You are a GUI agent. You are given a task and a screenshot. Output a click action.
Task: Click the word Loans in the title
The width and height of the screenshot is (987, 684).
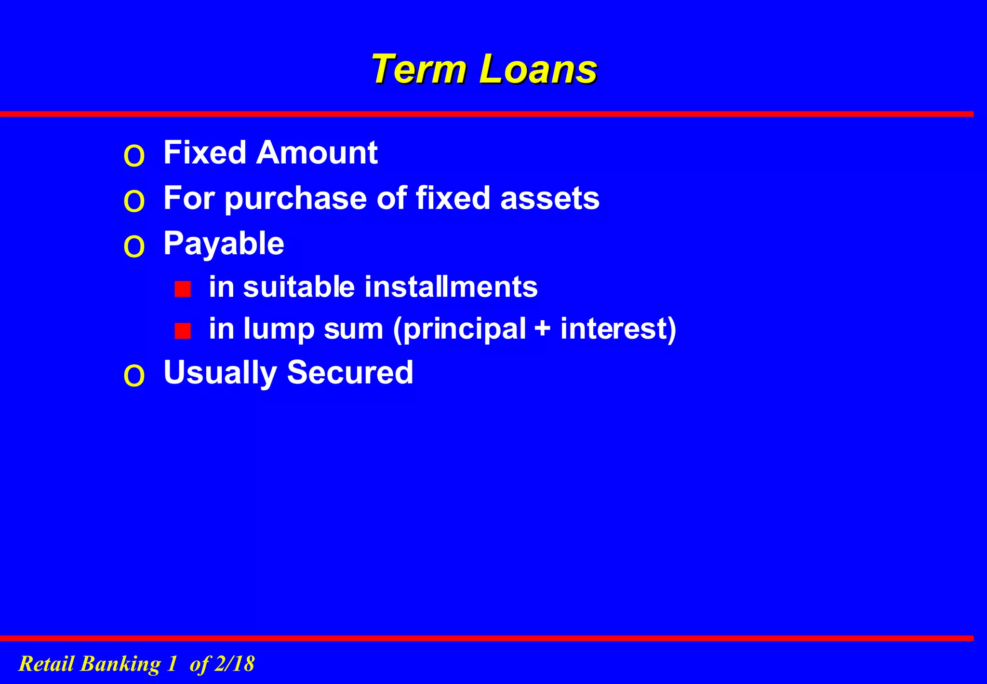pos(538,69)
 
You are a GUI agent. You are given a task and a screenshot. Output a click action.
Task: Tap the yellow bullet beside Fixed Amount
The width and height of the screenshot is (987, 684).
pos(134,156)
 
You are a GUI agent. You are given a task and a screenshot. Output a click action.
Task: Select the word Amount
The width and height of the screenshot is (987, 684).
pos(317,153)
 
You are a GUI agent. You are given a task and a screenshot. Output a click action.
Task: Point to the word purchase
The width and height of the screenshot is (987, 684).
pos(295,199)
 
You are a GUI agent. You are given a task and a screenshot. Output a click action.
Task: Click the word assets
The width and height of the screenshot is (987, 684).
pos(550,198)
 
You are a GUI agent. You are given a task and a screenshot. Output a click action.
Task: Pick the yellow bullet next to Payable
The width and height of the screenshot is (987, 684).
pos(134,247)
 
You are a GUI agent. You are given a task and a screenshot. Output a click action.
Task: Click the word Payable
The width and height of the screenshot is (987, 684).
pos(224,244)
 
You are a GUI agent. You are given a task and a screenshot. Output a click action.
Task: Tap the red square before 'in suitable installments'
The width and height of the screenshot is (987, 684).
pos(183,289)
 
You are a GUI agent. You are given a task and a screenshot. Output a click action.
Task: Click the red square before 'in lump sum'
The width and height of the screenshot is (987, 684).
pos(183,331)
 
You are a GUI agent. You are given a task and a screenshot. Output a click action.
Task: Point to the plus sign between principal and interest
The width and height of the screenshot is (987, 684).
pos(543,329)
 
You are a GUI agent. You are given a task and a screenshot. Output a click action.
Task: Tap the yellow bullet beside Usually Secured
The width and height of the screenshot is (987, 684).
pos(134,376)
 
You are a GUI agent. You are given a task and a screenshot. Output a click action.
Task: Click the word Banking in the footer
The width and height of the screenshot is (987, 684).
pos(120,664)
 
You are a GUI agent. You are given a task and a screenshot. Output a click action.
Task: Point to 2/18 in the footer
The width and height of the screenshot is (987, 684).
pos(234,664)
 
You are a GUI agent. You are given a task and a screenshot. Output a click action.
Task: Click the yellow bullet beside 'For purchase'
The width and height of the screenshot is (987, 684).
pos(134,201)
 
